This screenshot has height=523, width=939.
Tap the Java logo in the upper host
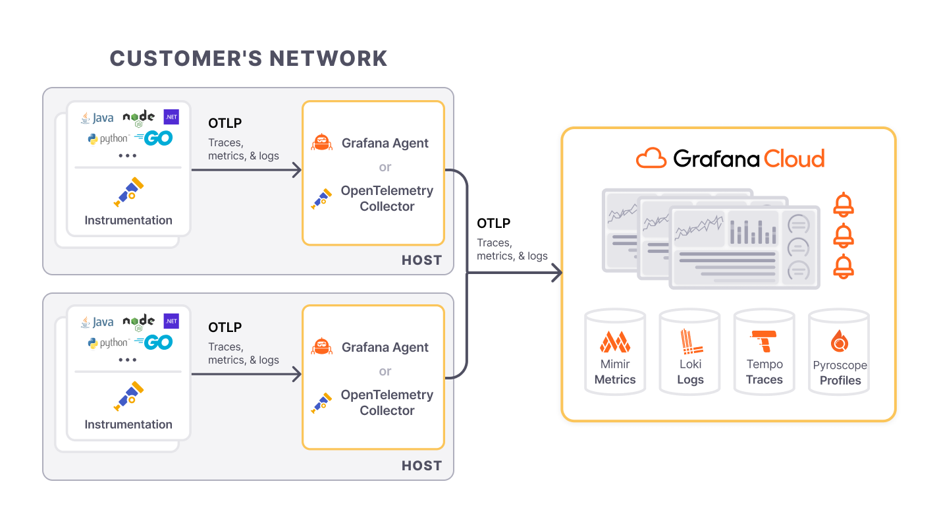(97, 118)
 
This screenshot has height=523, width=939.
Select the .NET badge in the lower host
(171, 321)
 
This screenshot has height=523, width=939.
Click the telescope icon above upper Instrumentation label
(128, 192)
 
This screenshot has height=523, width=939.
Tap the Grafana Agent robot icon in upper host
(321, 142)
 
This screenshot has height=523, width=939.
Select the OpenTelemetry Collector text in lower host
(387, 402)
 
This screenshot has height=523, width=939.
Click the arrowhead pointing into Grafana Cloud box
(557, 273)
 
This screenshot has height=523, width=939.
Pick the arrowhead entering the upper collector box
(297, 170)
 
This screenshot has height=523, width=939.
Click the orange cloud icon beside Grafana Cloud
(651, 158)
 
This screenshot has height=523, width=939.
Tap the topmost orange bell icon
(844, 205)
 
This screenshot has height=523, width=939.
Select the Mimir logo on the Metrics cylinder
(615, 342)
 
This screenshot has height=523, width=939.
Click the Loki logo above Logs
(690, 341)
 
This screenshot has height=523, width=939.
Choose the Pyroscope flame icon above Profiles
(840, 341)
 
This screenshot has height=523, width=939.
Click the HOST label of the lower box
(421, 466)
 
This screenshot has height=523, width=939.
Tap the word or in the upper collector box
(385, 167)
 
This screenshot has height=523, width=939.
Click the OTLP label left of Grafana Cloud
(493, 223)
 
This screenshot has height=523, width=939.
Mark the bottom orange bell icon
(844, 266)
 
